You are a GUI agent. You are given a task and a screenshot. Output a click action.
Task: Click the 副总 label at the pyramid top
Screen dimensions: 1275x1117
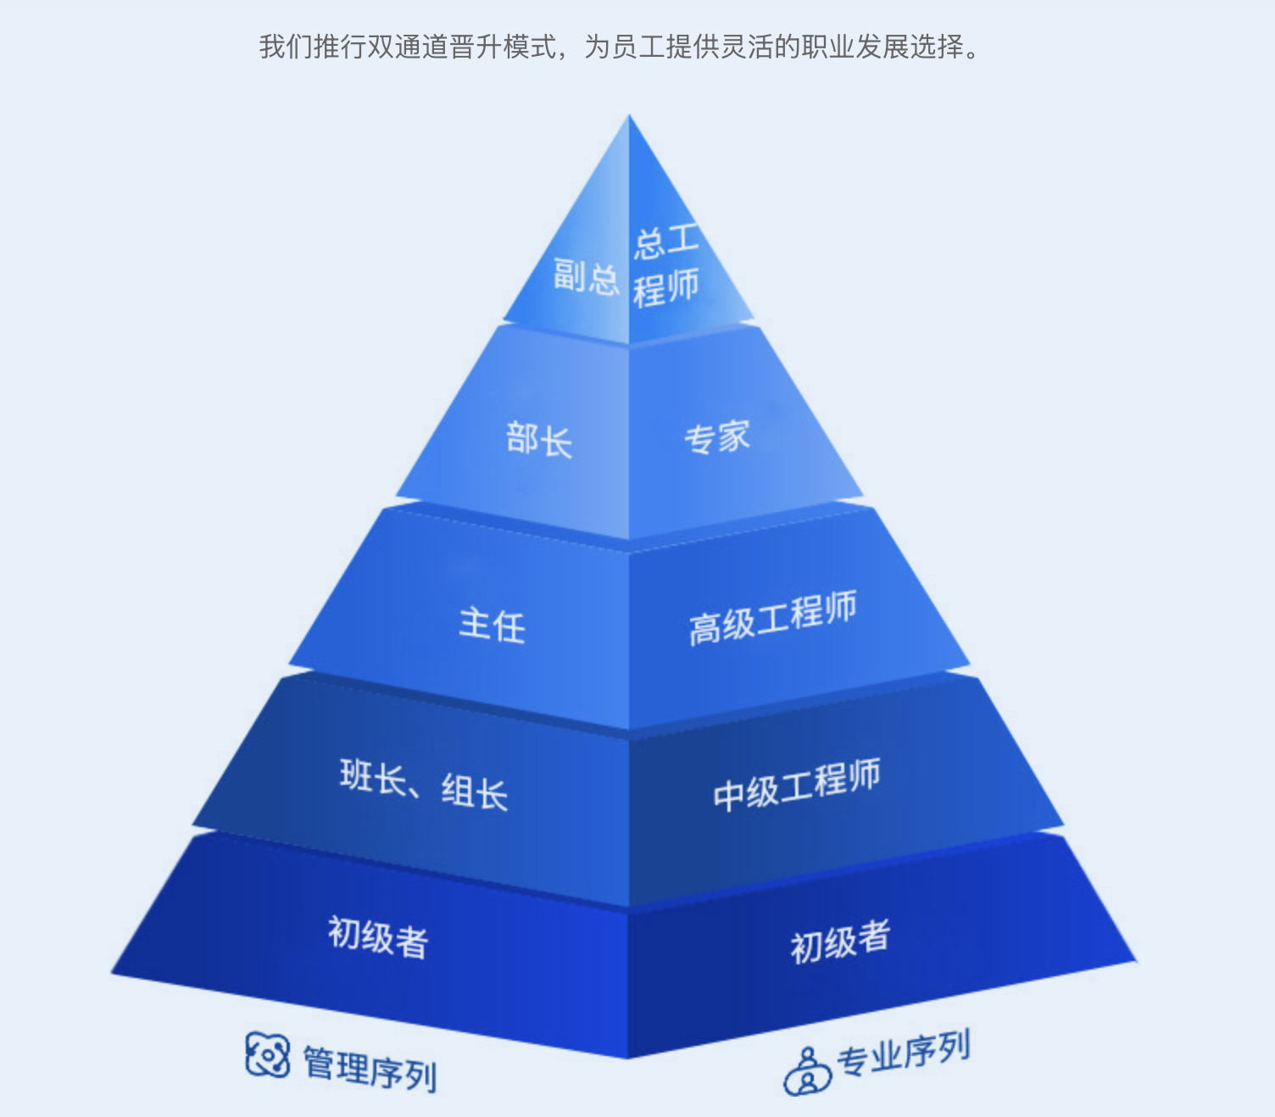[x=586, y=277]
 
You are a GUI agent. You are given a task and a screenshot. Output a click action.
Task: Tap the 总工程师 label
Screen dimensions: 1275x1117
[x=665, y=266]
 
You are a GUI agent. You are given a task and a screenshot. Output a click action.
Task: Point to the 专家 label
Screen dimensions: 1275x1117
[x=717, y=436]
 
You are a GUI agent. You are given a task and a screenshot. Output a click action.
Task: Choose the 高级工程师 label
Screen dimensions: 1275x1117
[x=773, y=617]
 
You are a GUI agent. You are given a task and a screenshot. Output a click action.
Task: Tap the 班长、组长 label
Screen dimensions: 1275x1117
[x=424, y=785]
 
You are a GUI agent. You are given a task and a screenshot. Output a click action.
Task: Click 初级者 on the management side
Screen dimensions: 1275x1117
[x=377, y=937]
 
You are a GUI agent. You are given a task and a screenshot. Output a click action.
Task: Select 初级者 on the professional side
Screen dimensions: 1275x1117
[x=841, y=942]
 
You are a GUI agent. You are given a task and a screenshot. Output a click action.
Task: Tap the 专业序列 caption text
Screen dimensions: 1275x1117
[x=904, y=1053]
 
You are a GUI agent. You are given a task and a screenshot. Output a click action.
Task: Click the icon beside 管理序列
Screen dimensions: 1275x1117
[x=267, y=1054]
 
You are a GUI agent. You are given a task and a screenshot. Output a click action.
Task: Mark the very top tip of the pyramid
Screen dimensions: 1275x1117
[x=629, y=114]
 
